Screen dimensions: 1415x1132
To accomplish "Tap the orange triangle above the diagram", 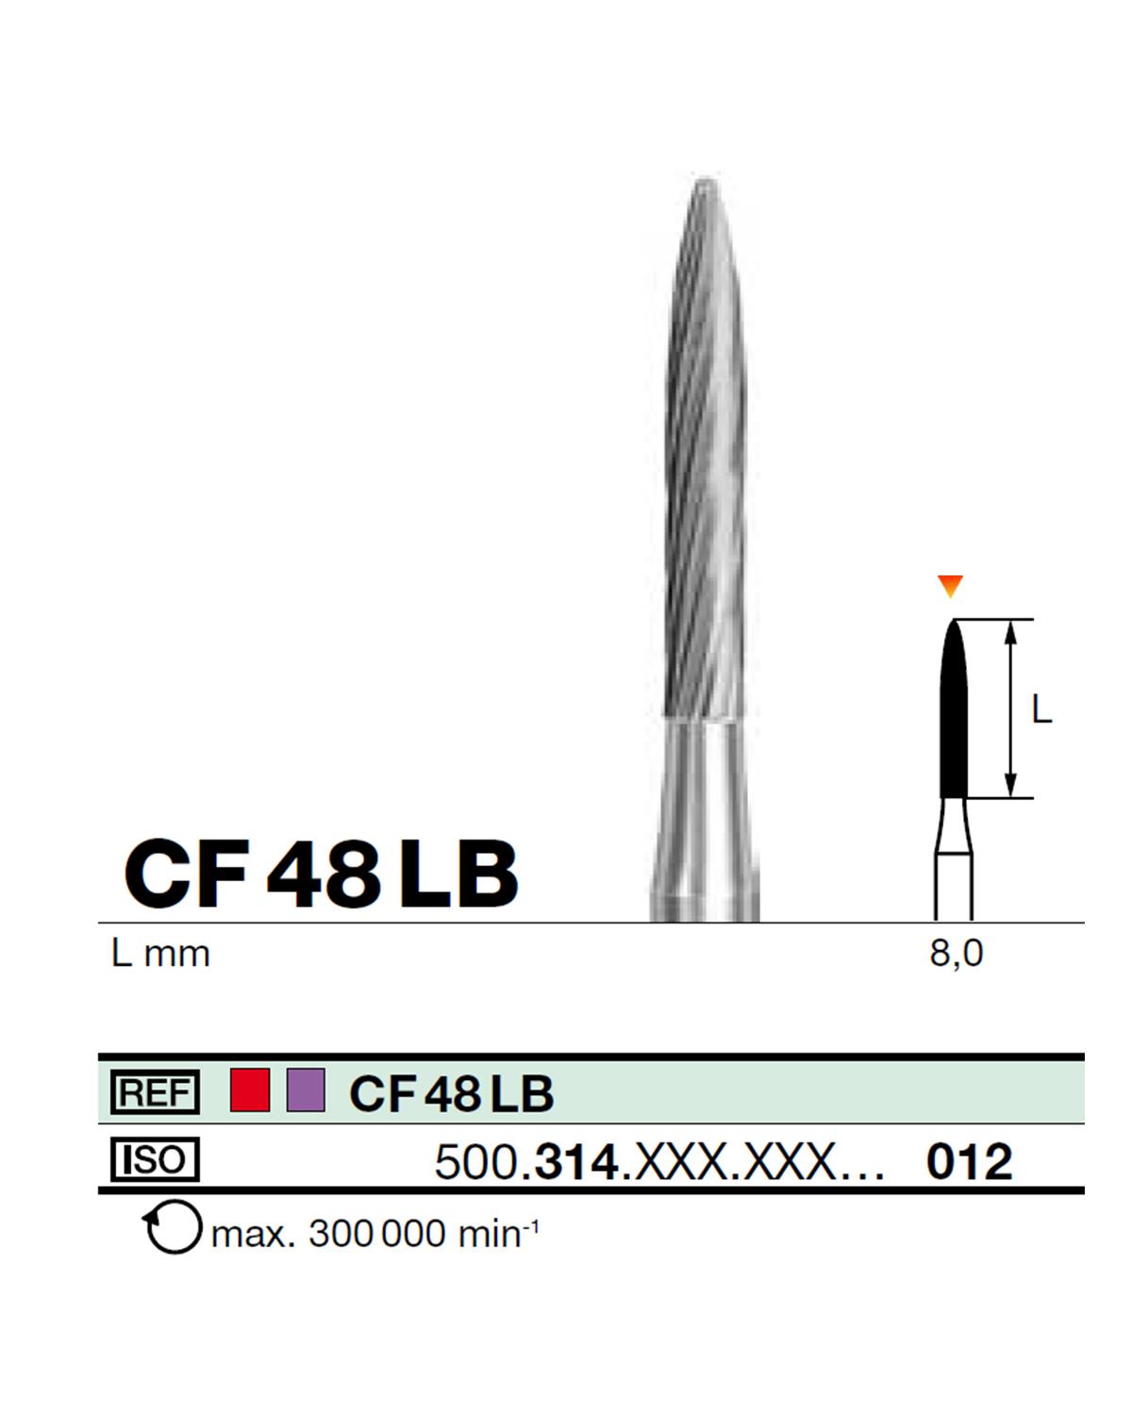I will pyautogui.click(x=951, y=587).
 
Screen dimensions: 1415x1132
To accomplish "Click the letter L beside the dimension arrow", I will pyautogui.click(x=1040, y=709).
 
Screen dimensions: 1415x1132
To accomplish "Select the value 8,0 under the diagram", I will pyautogui.click(x=956, y=954).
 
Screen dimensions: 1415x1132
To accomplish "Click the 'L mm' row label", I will pyautogui.click(x=160, y=954).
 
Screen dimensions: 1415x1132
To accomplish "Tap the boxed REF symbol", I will pyautogui.click(x=155, y=1093).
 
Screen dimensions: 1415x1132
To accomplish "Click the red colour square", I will pyautogui.click(x=250, y=1090).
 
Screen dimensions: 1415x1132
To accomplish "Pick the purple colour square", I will pyautogui.click(x=306, y=1090).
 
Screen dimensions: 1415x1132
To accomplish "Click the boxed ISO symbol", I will pyautogui.click(x=155, y=1159).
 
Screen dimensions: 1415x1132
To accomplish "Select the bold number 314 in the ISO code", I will pyautogui.click(x=575, y=1162).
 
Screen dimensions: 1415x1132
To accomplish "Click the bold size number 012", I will pyautogui.click(x=969, y=1162).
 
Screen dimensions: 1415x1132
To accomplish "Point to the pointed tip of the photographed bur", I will pyautogui.click(x=704, y=181).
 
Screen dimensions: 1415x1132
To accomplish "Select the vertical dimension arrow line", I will pyautogui.click(x=1010, y=709).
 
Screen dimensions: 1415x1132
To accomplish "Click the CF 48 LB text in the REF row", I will pyautogui.click(x=451, y=1093).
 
